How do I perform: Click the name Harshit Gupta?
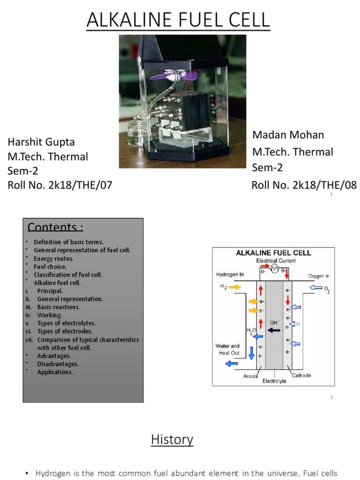pos(41,142)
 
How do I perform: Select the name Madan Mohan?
pos(288,135)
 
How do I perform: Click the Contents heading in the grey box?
pos(55,227)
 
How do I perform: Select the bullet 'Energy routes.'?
pos(53,258)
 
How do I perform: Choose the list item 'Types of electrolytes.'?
pos(67,323)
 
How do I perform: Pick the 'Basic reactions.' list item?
pos(59,307)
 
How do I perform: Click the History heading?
pos(172,440)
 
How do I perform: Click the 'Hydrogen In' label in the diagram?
pos(230,274)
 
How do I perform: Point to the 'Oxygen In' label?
pos(318,276)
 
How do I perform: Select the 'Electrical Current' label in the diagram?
pos(277,261)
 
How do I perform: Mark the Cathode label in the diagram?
pos(301,375)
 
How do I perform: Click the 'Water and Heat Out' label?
pos(227,349)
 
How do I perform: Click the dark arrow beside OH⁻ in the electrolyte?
pos(274,330)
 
